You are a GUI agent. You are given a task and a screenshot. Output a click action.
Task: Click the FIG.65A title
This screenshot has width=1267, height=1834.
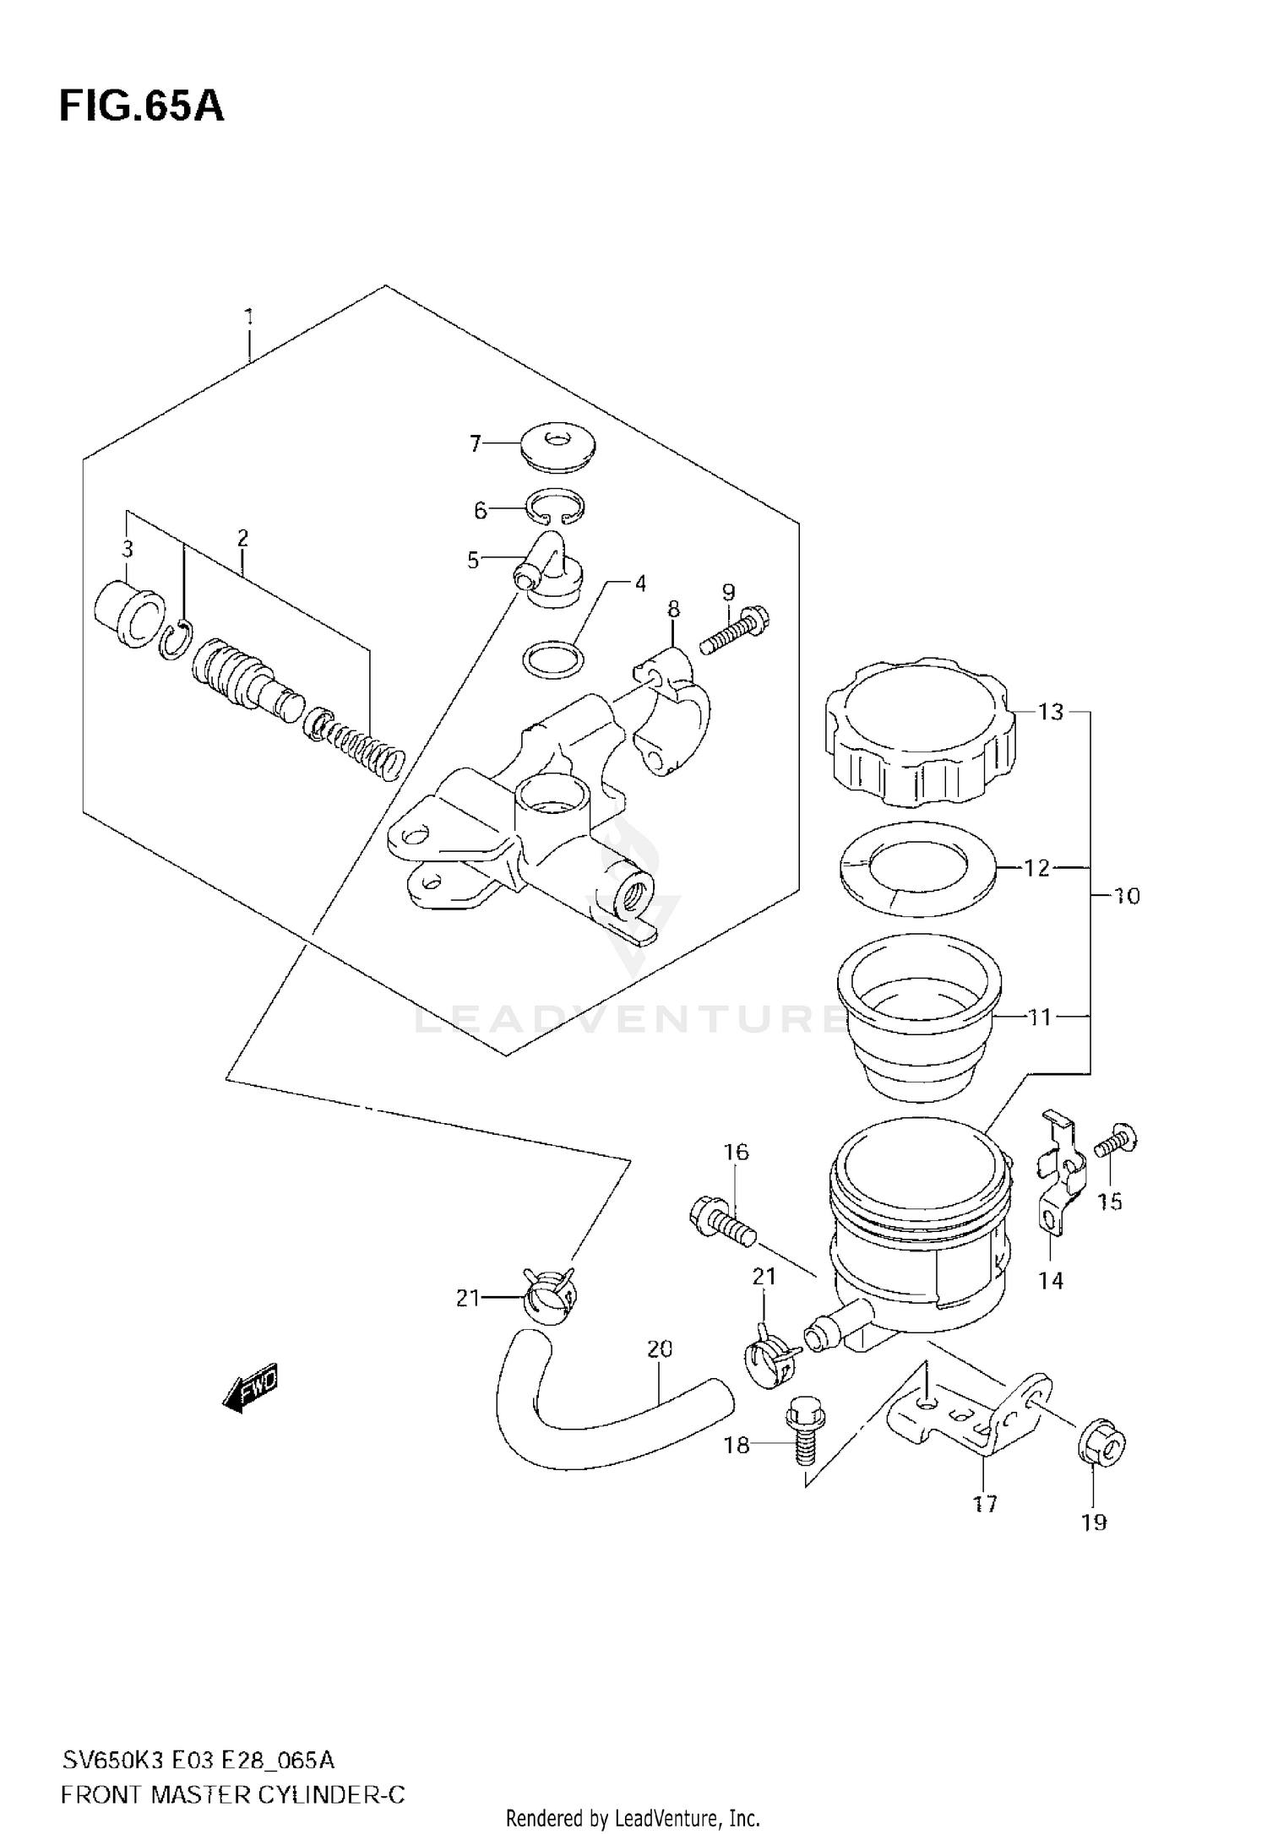pos(142,107)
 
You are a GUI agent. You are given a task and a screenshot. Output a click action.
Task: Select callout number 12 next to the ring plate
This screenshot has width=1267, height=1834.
pos(1036,867)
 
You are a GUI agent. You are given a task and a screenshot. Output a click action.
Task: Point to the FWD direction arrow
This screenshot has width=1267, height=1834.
pos(250,1388)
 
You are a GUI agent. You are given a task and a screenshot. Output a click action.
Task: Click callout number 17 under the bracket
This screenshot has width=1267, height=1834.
pos(985,1504)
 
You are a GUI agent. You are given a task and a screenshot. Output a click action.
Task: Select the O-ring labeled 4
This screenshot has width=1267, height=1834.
pos(553,659)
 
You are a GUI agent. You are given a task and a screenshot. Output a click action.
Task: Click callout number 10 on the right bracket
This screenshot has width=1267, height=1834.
pos(1127,896)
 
